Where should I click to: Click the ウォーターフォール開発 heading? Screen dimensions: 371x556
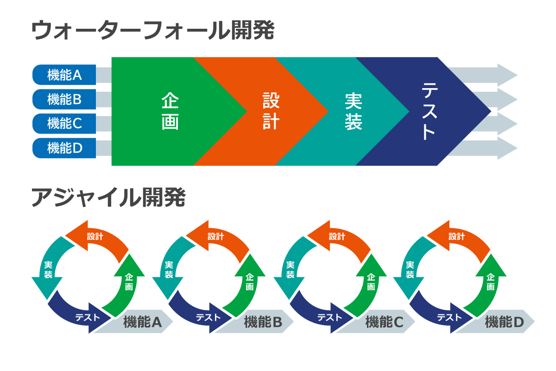click(x=153, y=31)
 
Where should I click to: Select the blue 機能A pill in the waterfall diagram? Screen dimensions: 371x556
click(x=64, y=75)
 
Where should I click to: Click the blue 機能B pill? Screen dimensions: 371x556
click(x=64, y=99)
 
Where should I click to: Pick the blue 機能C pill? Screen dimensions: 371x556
click(x=64, y=123)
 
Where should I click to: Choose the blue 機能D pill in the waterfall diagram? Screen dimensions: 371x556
click(x=64, y=148)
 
